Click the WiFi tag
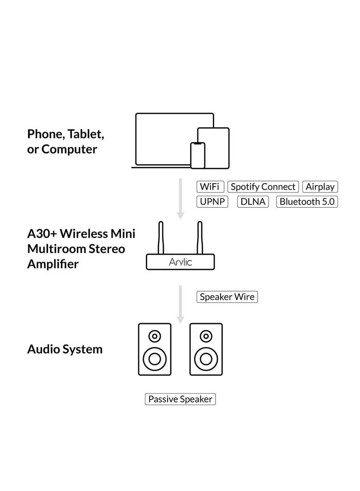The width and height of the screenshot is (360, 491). [210, 187]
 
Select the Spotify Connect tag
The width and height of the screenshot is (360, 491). [263, 187]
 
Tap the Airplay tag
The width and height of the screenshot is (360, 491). [320, 187]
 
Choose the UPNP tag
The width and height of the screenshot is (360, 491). [212, 202]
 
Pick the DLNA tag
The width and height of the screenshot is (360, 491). [253, 202]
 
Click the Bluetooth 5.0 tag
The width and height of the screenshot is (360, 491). [307, 202]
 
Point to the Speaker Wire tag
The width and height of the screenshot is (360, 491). [227, 297]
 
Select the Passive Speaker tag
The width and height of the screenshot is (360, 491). [180, 399]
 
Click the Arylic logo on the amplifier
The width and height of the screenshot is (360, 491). [180, 262]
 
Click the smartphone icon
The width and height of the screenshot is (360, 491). [198, 156]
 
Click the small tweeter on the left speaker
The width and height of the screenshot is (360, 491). [155, 336]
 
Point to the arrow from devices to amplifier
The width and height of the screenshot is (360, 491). [180, 198]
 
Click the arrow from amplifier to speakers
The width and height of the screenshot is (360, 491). [180, 304]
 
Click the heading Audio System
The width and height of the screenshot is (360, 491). [65, 349]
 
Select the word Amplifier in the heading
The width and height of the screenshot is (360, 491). [53, 264]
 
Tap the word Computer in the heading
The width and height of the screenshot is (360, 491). [69, 150]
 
